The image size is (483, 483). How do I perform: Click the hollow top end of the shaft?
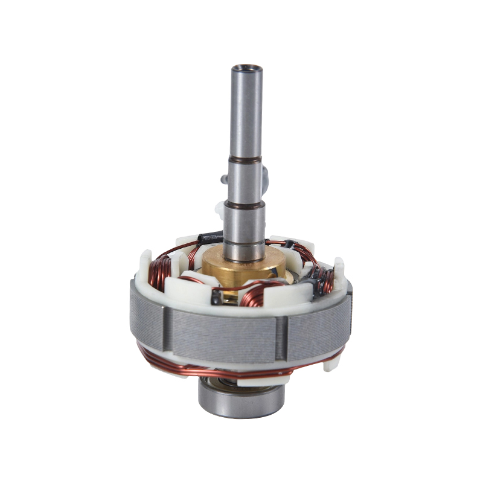[246, 68]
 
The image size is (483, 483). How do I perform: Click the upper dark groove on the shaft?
[245, 159]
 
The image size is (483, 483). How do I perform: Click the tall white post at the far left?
[145, 266]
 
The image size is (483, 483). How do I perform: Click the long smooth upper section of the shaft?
[246, 115]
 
